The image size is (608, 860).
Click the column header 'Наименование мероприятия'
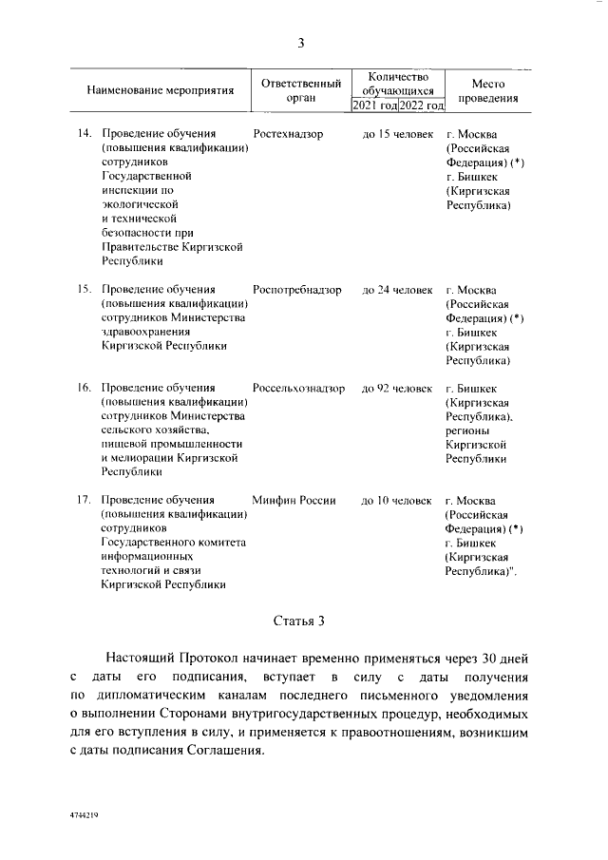160,92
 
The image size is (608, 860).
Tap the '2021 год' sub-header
374,105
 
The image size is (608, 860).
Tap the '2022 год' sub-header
422,105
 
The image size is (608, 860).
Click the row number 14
84,134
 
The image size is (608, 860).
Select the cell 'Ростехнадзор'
289,134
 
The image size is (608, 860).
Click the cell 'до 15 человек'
397,134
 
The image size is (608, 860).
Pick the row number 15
84,289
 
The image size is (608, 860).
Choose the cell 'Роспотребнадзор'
297,289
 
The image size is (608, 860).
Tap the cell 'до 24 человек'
397,289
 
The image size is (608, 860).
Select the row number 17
84,500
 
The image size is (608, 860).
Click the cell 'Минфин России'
294,500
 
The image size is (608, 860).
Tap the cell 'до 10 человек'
397,500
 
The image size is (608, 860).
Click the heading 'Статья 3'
299,622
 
